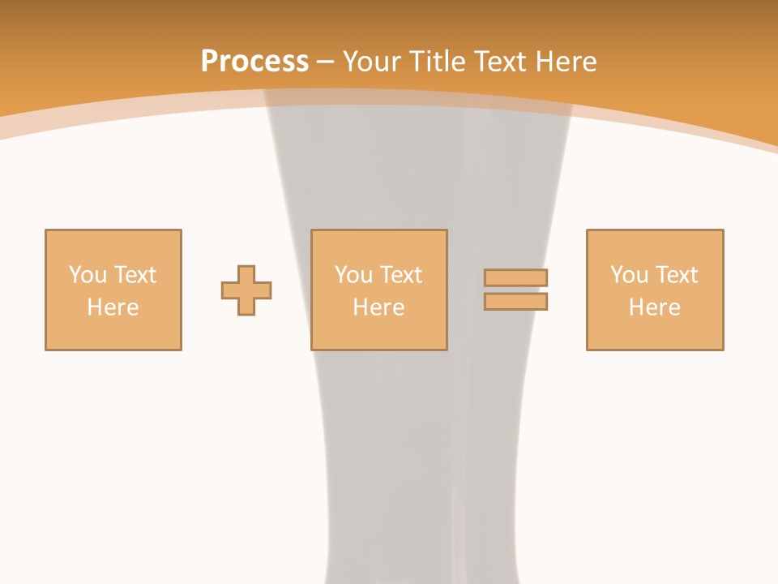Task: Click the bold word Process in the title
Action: coord(254,62)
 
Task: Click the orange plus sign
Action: coord(246,290)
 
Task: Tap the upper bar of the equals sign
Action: coord(515,277)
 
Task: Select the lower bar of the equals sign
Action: coord(515,302)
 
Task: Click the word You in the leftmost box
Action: coord(88,275)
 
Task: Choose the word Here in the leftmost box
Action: coord(113,307)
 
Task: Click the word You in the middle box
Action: coord(353,275)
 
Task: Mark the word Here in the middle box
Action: coord(378,307)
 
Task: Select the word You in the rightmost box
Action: coord(629,275)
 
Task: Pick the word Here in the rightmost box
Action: coord(654,307)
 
